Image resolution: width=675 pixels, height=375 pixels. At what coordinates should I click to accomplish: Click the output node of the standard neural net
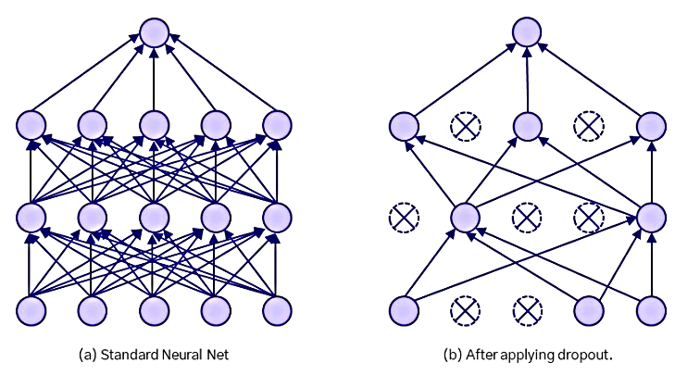(x=154, y=32)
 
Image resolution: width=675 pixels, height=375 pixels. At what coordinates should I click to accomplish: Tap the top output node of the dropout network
(x=527, y=32)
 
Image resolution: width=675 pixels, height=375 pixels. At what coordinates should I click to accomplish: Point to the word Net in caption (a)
(x=218, y=355)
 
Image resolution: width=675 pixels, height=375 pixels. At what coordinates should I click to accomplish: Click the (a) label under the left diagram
(x=88, y=355)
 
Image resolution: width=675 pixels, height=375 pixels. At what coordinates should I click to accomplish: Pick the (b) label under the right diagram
(x=453, y=355)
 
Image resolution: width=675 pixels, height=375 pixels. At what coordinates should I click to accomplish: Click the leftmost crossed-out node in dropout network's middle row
(x=404, y=218)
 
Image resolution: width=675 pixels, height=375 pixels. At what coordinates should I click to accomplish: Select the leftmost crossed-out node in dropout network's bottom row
(x=466, y=310)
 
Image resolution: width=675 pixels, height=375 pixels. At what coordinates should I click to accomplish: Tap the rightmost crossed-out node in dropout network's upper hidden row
(x=589, y=126)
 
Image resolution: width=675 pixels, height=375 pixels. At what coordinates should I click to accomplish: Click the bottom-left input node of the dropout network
(x=404, y=310)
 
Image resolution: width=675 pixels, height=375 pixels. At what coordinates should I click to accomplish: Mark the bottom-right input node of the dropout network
(x=651, y=310)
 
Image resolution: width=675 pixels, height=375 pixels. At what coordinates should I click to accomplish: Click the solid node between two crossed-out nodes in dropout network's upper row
(x=527, y=126)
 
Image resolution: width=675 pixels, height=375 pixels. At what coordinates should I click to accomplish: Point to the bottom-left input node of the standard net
(x=31, y=310)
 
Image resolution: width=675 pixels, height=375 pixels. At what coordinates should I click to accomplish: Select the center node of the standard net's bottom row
(x=154, y=310)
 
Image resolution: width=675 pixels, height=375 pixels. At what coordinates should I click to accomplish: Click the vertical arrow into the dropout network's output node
(x=527, y=80)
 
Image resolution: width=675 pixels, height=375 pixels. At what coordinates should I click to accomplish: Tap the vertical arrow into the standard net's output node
(x=154, y=80)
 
